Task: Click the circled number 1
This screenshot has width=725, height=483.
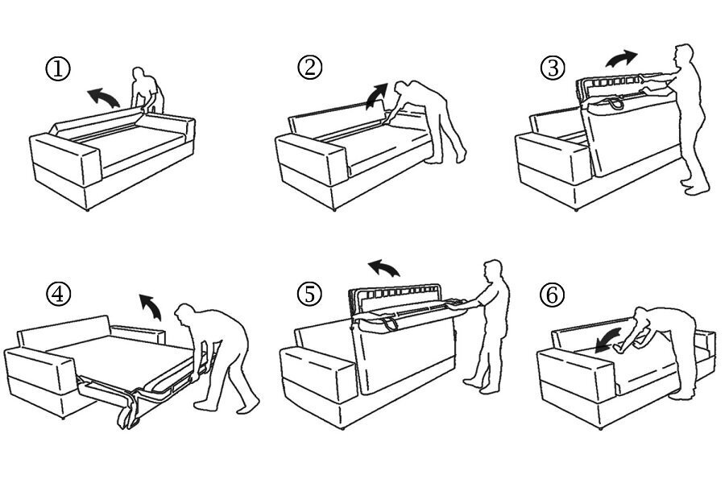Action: click(x=58, y=69)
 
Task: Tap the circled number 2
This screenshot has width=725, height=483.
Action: click(x=309, y=67)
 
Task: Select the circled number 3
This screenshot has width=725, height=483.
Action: click(x=552, y=68)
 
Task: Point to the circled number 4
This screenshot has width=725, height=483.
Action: click(x=58, y=294)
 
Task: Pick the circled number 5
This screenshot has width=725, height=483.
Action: click(x=309, y=294)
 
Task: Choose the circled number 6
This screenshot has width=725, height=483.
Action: click(x=552, y=295)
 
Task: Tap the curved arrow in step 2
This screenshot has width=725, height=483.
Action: click(x=376, y=96)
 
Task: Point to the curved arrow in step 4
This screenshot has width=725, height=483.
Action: click(x=151, y=306)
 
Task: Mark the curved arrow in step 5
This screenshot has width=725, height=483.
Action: click(x=383, y=267)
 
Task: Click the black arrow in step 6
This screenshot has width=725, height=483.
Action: click(x=608, y=341)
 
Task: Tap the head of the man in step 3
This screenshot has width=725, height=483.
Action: click(x=683, y=55)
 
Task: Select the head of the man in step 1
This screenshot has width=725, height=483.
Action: click(x=139, y=75)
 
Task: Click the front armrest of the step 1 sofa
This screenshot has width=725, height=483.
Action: click(x=66, y=158)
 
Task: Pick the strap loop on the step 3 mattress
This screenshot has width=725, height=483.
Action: click(x=613, y=103)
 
